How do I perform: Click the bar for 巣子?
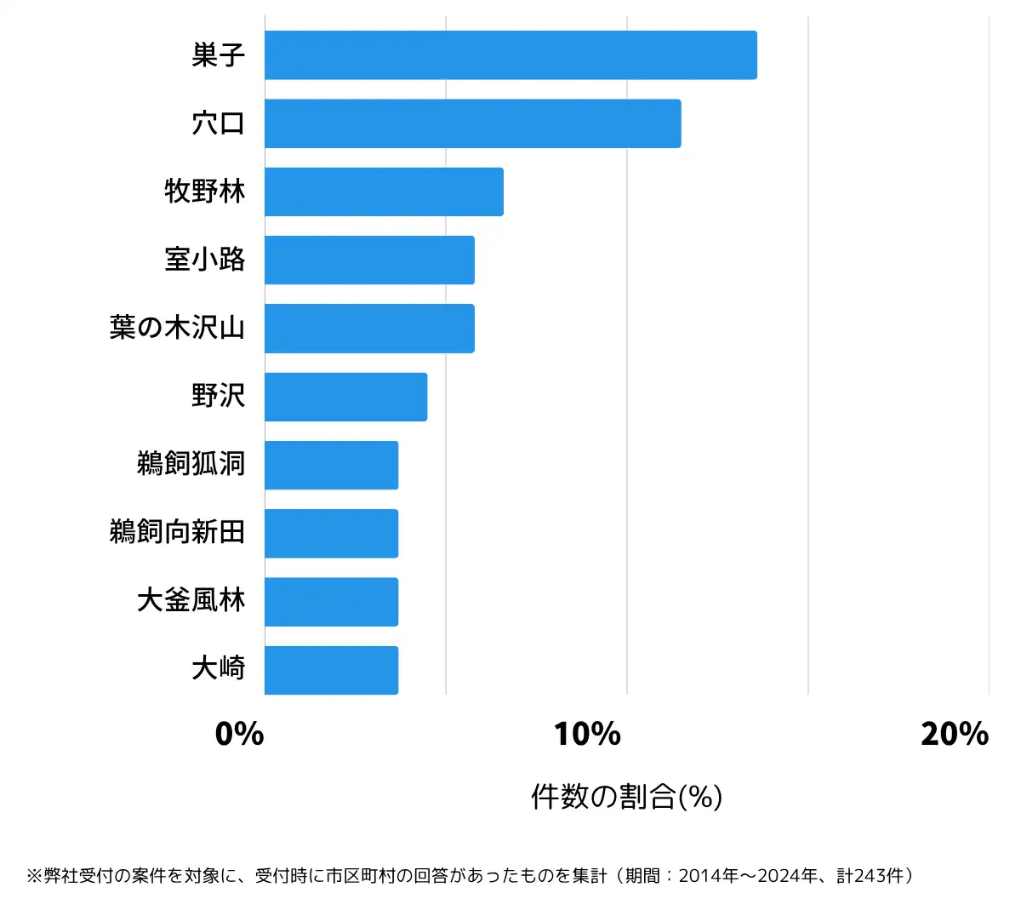(x=510, y=55)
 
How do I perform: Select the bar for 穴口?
(x=472, y=123)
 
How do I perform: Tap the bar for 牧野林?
(x=384, y=192)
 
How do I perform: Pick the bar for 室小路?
(x=369, y=260)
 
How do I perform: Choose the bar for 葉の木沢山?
(x=369, y=329)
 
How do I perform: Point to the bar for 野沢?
(x=345, y=397)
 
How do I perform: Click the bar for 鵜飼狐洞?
(x=331, y=465)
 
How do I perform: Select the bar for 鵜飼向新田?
(x=331, y=533)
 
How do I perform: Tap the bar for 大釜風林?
(x=331, y=602)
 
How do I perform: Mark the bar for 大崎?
(x=331, y=670)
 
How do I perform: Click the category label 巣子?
(x=219, y=55)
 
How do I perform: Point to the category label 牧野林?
(x=205, y=192)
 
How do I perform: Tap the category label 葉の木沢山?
(x=177, y=329)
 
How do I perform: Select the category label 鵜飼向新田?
(x=177, y=533)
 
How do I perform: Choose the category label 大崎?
(x=219, y=670)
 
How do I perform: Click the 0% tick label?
(x=240, y=734)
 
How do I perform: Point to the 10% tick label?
(x=587, y=734)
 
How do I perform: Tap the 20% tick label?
(x=955, y=734)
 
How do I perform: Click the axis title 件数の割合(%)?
(x=627, y=797)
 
